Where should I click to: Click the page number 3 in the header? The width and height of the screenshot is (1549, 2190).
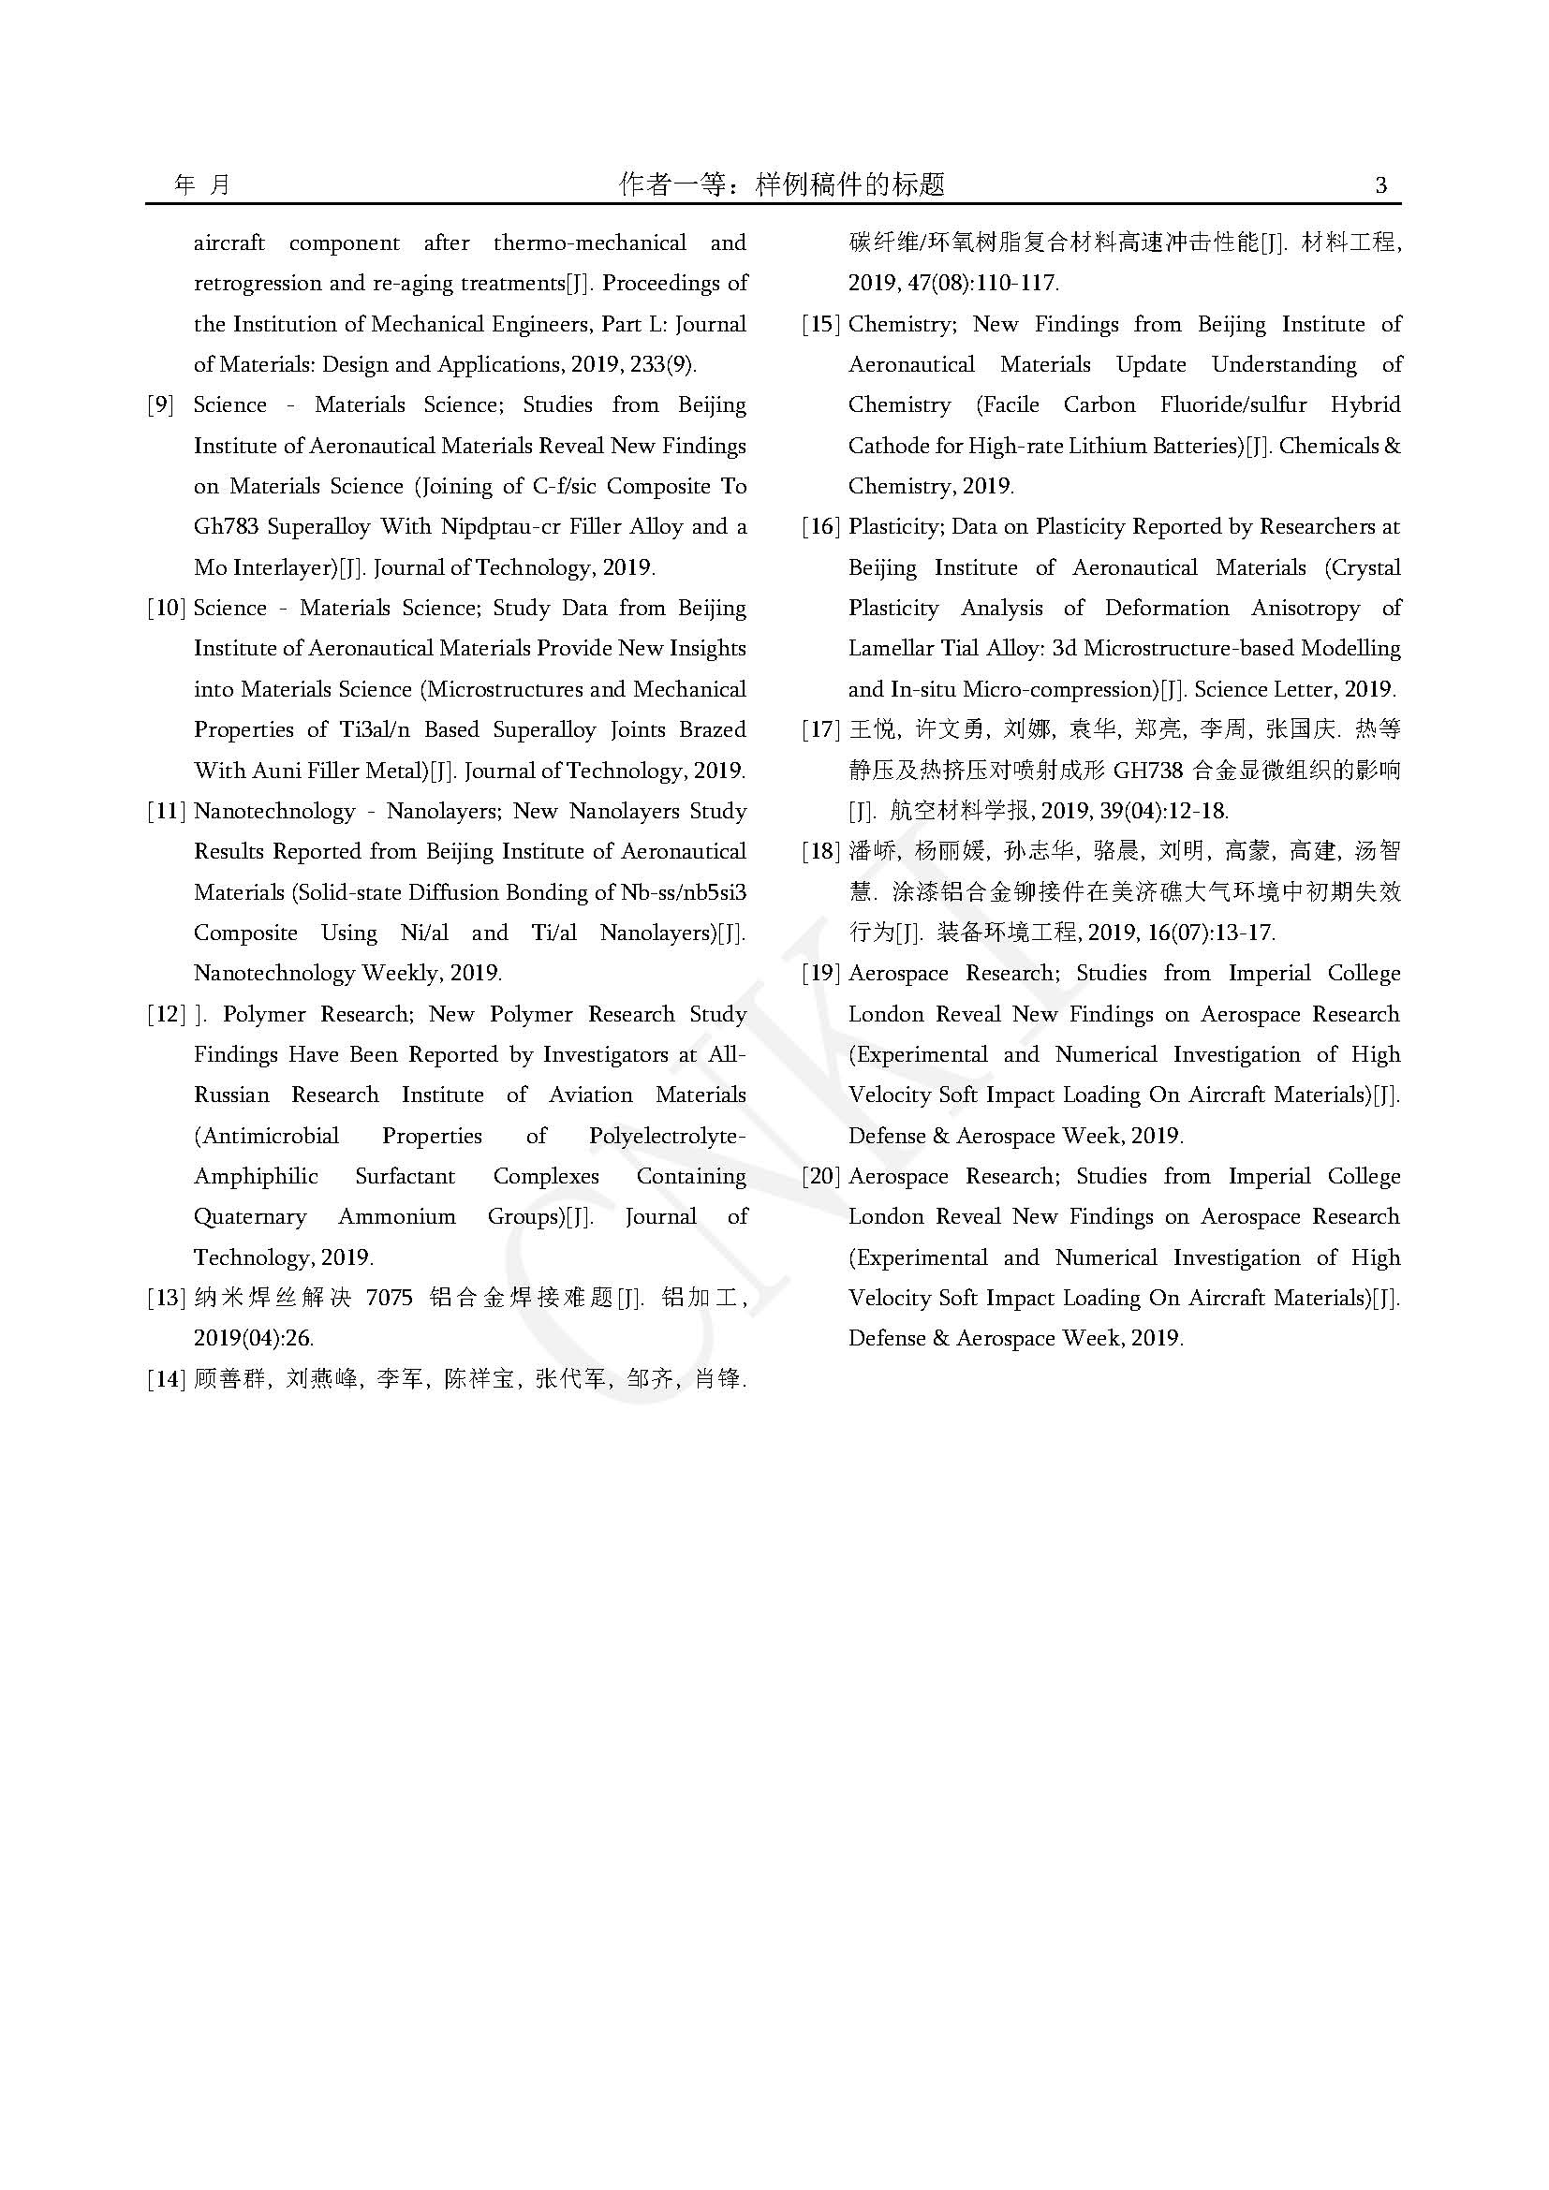(1380, 185)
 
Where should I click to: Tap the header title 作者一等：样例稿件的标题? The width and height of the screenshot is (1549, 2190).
(782, 184)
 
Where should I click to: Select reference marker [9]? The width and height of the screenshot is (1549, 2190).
(160, 405)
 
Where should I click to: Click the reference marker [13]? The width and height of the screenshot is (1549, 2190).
(165, 1298)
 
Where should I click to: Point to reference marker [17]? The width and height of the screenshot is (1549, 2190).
(820, 730)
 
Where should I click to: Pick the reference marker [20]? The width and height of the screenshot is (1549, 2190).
(820, 1177)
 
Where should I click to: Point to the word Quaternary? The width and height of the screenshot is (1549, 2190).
(250, 1217)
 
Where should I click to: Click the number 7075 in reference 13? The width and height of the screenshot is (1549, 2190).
(390, 1298)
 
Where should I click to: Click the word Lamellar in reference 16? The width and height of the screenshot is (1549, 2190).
(891, 650)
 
